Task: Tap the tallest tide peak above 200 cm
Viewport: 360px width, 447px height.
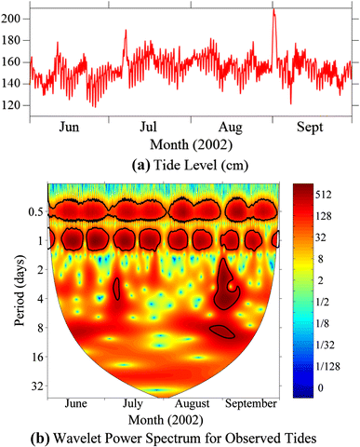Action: (x=273, y=11)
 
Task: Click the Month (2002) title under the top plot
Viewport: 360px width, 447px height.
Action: (x=188, y=147)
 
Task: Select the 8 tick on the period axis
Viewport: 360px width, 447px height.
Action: (x=38, y=327)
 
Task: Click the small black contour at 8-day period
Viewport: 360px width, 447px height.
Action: (x=222, y=329)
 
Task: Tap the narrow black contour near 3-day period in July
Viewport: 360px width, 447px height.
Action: (x=115, y=289)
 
